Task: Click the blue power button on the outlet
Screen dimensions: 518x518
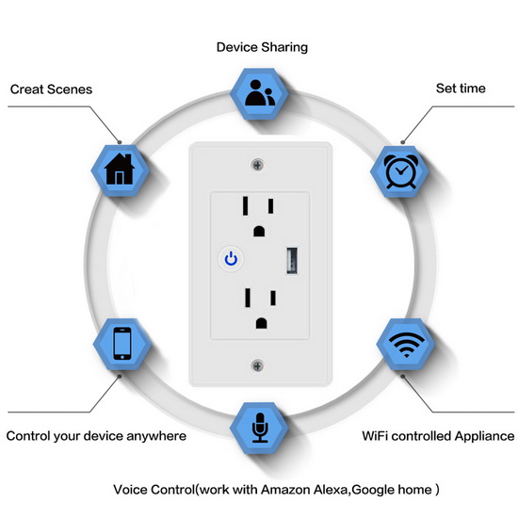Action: click(x=231, y=258)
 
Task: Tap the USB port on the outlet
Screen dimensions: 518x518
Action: click(x=292, y=261)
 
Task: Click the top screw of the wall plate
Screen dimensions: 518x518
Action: click(x=258, y=165)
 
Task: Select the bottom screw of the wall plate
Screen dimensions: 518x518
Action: click(x=258, y=366)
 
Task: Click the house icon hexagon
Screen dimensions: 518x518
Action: click(x=120, y=170)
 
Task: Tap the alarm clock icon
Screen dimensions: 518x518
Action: click(x=400, y=171)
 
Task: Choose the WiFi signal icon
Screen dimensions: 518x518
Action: click(x=406, y=345)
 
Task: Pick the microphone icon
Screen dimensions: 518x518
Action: click(x=260, y=428)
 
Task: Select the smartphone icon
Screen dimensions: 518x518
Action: click(x=122, y=343)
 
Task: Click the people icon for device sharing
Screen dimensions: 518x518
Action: click(x=260, y=93)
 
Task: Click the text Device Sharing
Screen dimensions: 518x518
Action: click(x=262, y=47)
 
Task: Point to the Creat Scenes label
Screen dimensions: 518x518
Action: click(x=51, y=89)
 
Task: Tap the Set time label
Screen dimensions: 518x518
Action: click(x=461, y=89)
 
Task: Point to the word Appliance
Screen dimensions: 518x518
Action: click(x=484, y=436)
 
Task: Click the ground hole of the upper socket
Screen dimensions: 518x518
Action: click(x=259, y=231)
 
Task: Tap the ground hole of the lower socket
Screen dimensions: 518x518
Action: click(x=261, y=323)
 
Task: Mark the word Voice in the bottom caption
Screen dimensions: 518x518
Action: click(x=130, y=489)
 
